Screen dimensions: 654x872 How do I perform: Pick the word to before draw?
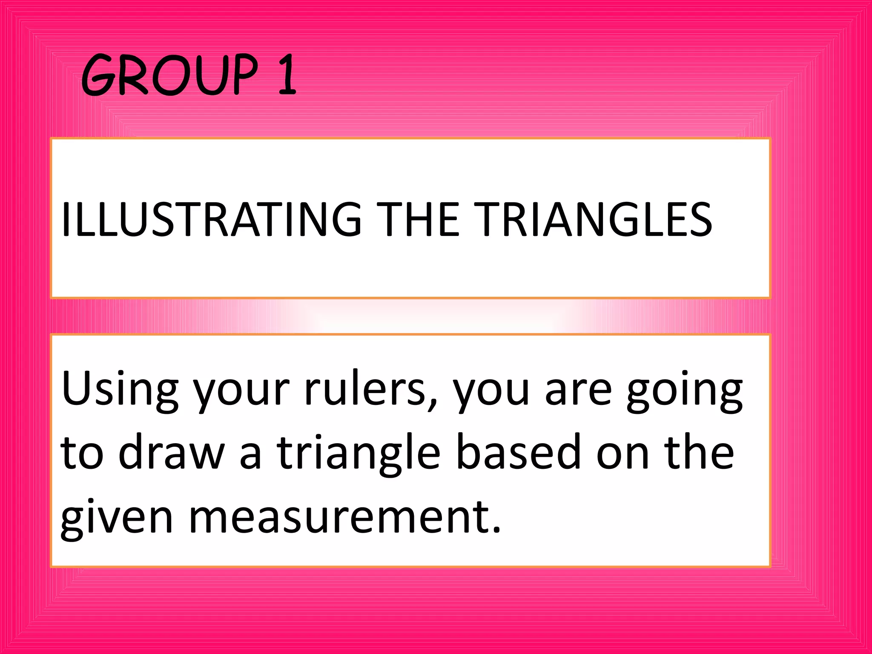pos(82,454)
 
